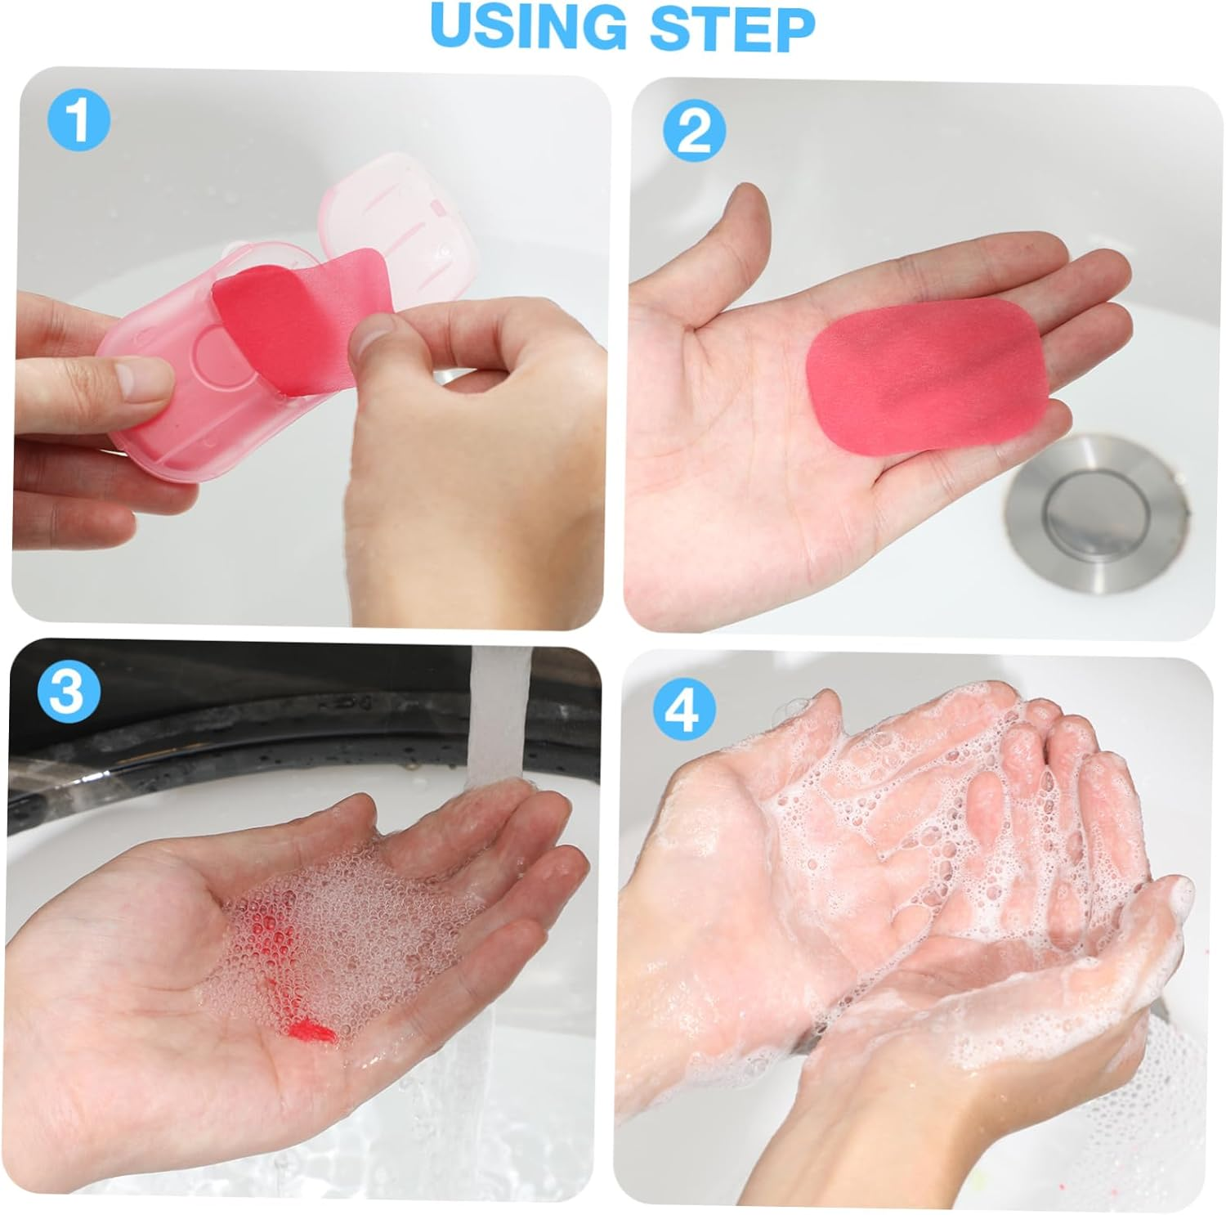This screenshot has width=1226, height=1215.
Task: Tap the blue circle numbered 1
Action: (x=78, y=121)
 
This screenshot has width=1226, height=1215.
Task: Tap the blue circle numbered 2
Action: (x=694, y=132)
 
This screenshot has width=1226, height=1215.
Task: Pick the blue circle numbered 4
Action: (x=683, y=708)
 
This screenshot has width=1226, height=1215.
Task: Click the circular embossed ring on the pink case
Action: (x=217, y=360)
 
